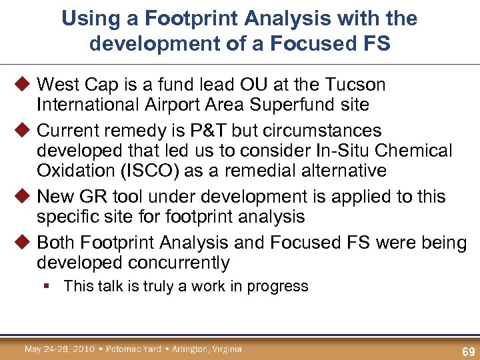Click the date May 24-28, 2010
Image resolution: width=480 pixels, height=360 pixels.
pyautogui.click(x=61, y=349)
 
